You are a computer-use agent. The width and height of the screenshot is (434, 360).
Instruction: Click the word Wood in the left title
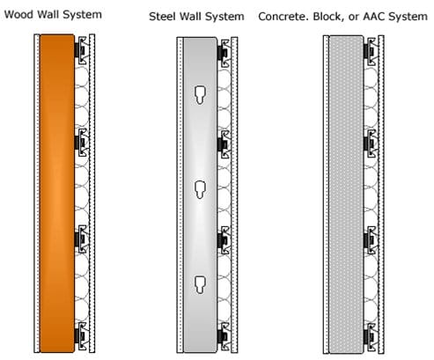pyautogui.click(x=19, y=14)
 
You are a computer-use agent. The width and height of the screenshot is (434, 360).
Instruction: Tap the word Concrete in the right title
pyautogui.click(x=282, y=17)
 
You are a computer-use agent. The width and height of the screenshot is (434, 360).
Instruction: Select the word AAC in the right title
pyautogui.click(x=374, y=17)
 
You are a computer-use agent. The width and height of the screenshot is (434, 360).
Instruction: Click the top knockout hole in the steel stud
pyautogui.click(x=201, y=95)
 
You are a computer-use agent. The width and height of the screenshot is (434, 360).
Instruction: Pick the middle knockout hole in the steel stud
pyautogui.click(x=201, y=190)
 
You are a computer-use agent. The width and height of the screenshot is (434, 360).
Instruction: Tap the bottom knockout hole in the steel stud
pyautogui.click(x=201, y=284)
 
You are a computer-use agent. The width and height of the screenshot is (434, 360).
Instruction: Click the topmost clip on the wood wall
pyautogui.click(x=81, y=50)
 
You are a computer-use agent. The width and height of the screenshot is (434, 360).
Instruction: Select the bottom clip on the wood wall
pyautogui.click(x=81, y=336)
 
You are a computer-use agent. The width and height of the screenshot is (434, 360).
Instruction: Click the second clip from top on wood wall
pyautogui.click(x=81, y=143)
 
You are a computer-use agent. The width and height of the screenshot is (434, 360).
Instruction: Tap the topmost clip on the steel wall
pyautogui.click(x=224, y=53)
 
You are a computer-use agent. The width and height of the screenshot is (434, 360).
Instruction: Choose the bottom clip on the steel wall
pyautogui.click(x=224, y=337)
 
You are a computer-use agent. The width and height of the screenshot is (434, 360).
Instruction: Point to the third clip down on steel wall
pyautogui.click(x=224, y=240)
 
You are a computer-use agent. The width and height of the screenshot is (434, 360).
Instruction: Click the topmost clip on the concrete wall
pyautogui.click(x=371, y=52)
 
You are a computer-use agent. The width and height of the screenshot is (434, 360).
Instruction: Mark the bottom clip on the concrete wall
pyautogui.click(x=371, y=337)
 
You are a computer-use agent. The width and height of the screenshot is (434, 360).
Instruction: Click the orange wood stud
pyautogui.click(x=57, y=194)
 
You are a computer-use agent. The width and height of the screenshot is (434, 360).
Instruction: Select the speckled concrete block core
pyautogui.click(x=347, y=195)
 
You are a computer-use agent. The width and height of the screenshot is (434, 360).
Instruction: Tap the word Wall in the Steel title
pyautogui.click(x=191, y=17)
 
